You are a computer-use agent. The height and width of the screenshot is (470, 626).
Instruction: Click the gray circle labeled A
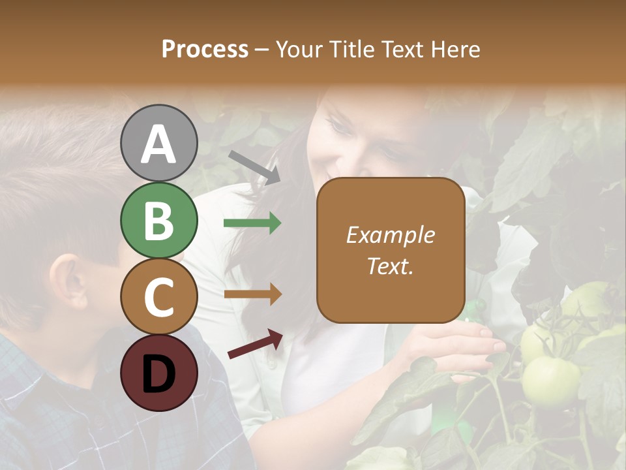(158, 143)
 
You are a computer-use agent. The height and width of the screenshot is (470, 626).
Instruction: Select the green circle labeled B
(158, 220)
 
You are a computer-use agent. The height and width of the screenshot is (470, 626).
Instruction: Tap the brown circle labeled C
(158, 296)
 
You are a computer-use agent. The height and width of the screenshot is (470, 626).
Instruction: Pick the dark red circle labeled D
(158, 373)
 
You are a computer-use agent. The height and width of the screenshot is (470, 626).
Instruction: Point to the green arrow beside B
(252, 223)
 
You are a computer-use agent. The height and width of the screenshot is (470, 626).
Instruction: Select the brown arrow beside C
(252, 294)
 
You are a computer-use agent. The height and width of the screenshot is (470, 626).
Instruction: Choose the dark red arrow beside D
(255, 344)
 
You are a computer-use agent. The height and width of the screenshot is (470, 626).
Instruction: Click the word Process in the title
(205, 50)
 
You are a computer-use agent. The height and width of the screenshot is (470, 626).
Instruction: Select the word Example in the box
(391, 235)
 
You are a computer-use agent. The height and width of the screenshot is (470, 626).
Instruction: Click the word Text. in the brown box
(391, 266)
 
